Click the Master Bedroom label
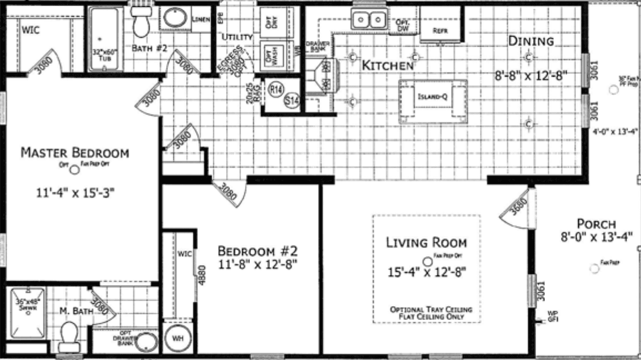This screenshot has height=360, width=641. point(74,152)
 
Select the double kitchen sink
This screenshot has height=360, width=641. point(368,21)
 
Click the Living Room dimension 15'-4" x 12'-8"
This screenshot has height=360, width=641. point(427,272)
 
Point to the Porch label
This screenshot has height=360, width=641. point(595,224)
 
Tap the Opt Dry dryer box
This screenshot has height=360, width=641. point(272,22)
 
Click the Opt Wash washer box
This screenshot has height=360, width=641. point(272,56)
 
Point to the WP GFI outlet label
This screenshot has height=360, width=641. point(552,316)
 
